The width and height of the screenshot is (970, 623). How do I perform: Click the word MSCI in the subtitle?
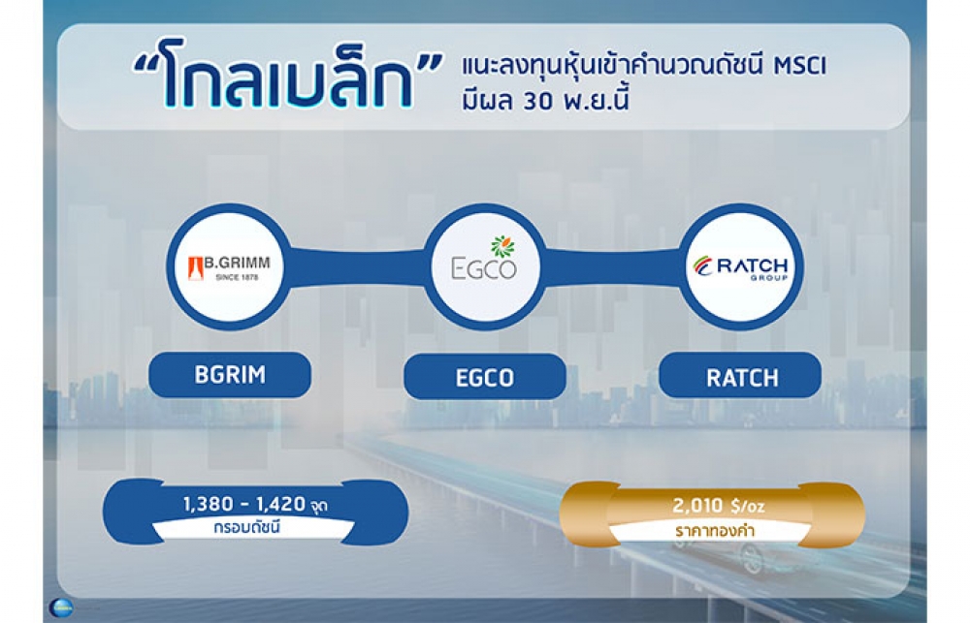click(x=800, y=66)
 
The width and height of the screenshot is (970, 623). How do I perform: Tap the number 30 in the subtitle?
click(x=538, y=102)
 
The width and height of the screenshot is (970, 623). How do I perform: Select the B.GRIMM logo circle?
click(x=229, y=267)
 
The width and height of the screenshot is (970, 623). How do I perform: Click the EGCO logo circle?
click(x=485, y=267)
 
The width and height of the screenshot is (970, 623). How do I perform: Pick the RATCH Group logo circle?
click(x=741, y=267)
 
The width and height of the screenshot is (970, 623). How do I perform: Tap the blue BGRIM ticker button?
click(x=230, y=375)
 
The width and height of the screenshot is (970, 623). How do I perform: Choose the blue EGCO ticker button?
click(x=484, y=376)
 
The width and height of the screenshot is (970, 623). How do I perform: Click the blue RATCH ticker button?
click(x=740, y=376)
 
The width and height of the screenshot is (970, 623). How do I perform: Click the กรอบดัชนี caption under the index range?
click(x=246, y=528)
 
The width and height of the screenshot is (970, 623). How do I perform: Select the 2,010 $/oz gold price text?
click(x=718, y=506)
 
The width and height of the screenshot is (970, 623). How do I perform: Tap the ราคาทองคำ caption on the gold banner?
click(x=715, y=531)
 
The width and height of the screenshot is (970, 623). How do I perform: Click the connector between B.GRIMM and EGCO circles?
click(x=357, y=267)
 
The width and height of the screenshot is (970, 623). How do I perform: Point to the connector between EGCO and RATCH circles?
click(x=613, y=267)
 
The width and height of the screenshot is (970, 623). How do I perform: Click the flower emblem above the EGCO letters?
click(x=502, y=246)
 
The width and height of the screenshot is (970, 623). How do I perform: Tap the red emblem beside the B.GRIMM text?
click(x=196, y=268)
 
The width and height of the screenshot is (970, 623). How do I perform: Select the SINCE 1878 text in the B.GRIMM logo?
click(x=237, y=277)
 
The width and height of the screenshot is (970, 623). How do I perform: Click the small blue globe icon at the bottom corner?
click(x=60, y=607)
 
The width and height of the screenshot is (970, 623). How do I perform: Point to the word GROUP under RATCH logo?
click(x=769, y=278)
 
